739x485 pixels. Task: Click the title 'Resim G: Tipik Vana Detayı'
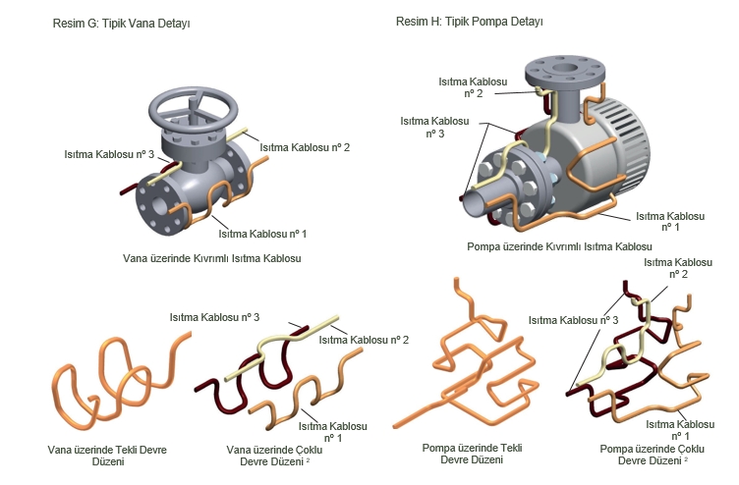[121, 24]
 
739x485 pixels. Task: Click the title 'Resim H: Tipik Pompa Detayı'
[470, 22]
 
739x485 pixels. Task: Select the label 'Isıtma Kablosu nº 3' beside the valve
[109, 154]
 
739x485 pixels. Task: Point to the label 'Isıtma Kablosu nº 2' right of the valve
[305, 147]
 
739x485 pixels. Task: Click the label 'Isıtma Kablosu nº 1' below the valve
[262, 234]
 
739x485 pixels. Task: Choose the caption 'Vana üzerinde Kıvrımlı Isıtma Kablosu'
[211, 258]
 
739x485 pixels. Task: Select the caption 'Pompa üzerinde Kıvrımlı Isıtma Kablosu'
[559, 246]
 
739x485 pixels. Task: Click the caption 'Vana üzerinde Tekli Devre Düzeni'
[107, 456]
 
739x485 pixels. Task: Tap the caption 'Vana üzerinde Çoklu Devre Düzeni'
[274, 456]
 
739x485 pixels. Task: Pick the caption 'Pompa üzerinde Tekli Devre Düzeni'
[472, 454]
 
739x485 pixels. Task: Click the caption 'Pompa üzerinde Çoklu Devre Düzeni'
[652, 455]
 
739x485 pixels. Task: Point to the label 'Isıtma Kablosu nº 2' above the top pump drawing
[473, 87]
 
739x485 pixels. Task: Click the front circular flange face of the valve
[160, 208]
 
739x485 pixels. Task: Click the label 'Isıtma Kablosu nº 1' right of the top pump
[670, 221]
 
